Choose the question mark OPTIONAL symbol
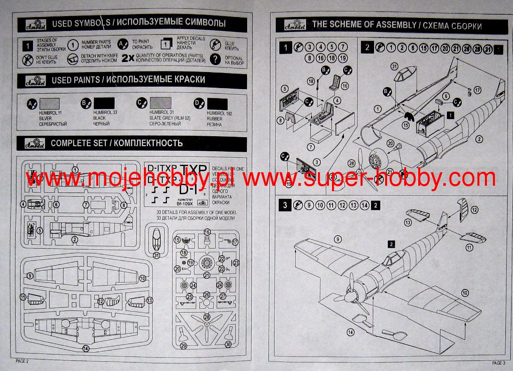[x=215, y=59]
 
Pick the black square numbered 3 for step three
[x=285, y=204]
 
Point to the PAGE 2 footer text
[x=23, y=360]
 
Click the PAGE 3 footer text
[x=498, y=362]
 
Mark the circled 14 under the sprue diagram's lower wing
[x=86, y=348]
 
